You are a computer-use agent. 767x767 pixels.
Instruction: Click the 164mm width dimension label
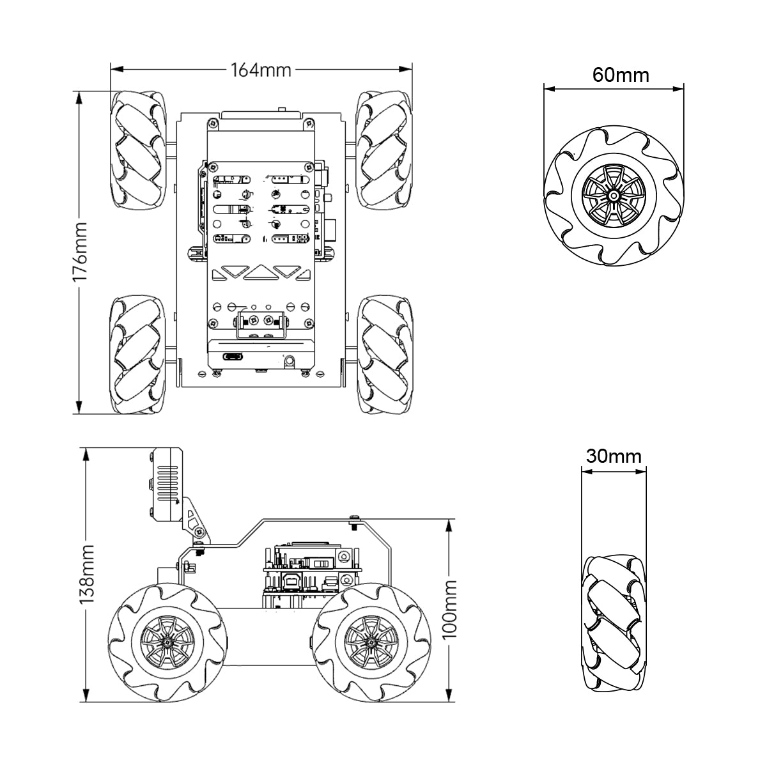point(261,70)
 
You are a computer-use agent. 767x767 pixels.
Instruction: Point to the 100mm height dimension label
point(449,609)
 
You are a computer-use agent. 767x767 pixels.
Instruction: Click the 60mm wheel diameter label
point(620,75)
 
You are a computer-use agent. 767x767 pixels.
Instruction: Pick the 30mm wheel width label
point(613,456)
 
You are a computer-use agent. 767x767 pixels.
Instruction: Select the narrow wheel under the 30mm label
point(613,623)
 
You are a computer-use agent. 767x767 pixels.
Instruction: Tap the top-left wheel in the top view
point(138,150)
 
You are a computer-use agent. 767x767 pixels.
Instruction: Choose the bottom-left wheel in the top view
point(138,354)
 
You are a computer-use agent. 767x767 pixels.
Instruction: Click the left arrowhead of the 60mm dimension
point(548,89)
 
